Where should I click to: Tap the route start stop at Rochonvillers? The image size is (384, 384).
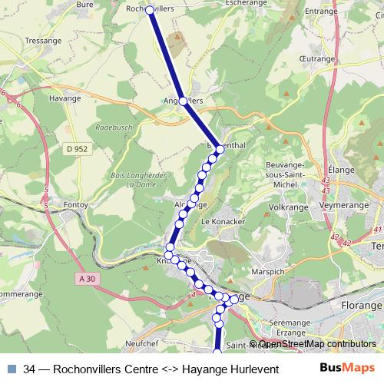[x=150, y=10]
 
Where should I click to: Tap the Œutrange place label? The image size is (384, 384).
[x=316, y=56]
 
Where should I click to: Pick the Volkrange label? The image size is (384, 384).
[x=288, y=207]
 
